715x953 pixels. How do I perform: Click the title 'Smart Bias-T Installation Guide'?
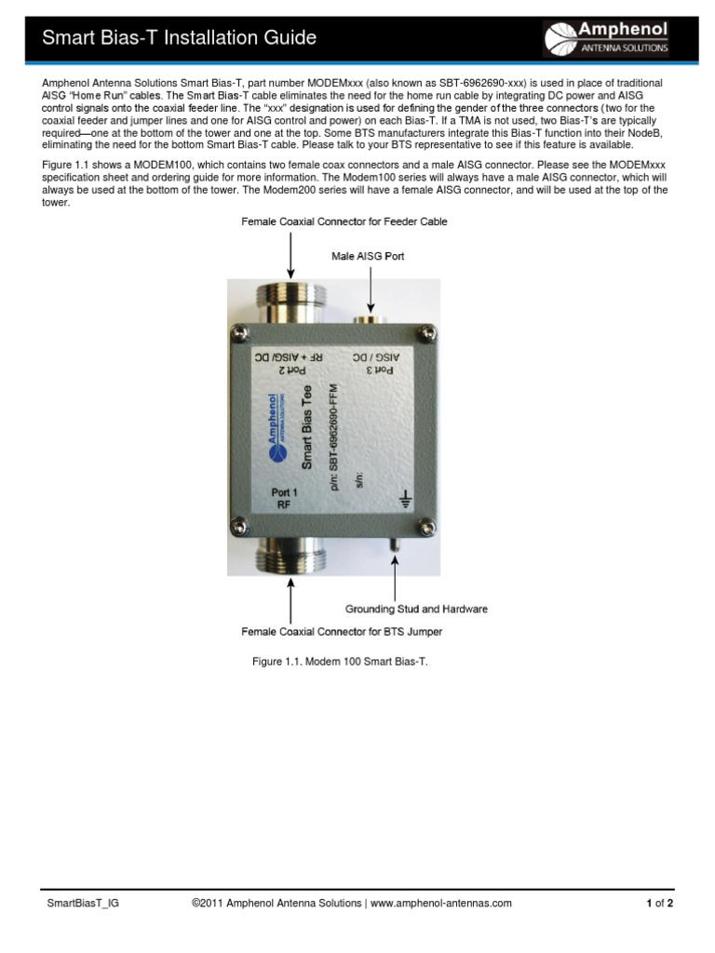click(181, 38)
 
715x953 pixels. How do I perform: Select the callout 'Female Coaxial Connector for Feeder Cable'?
click(344, 221)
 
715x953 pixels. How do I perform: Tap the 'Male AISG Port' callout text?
click(368, 254)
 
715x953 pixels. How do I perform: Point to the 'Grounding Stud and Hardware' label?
click(416, 610)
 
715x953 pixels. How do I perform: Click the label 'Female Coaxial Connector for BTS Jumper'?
click(342, 632)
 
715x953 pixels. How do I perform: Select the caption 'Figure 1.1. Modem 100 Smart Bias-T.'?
click(339, 662)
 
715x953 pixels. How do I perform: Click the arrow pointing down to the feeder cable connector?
click(291, 254)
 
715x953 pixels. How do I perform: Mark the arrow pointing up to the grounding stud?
click(396, 576)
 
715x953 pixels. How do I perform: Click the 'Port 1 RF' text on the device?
click(284, 499)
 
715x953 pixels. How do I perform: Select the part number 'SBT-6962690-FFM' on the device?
click(333, 434)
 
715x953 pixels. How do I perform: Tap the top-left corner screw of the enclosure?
click(240, 331)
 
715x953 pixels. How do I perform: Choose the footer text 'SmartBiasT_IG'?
click(83, 903)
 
